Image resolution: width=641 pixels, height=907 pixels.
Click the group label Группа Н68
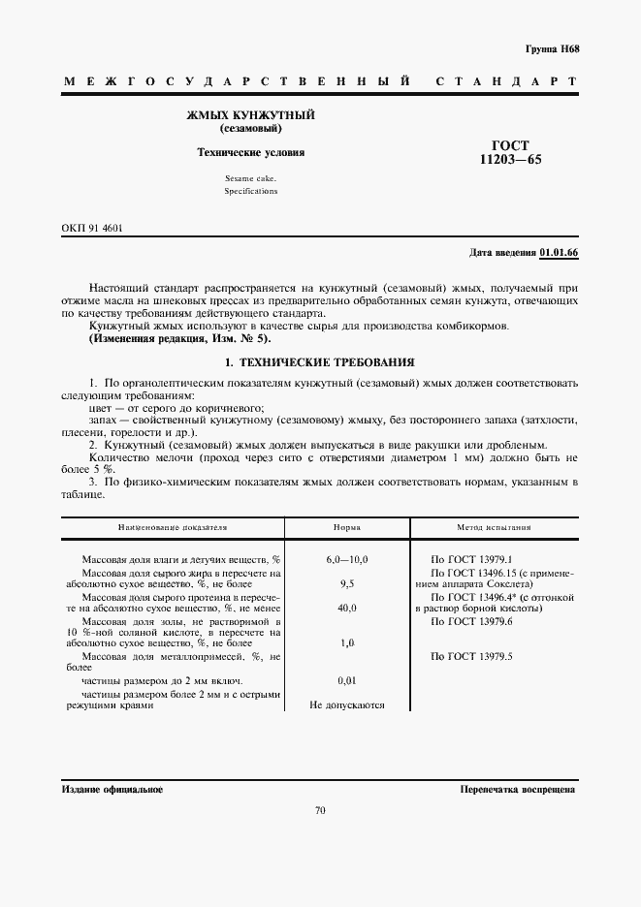pyautogui.click(x=552, y=47)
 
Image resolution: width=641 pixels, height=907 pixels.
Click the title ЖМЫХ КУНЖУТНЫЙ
pyautogui.click(x=250, y=115)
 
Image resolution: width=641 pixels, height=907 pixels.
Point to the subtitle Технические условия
pyautogui.click(x=250, y=152)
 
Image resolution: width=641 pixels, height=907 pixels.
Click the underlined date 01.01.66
pyautogui.click(x=559, y=252)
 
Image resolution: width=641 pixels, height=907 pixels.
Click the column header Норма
pyautogui.click(x=347, y=528)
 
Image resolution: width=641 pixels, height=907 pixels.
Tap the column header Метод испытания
pyautogui.click(x=494, y=528)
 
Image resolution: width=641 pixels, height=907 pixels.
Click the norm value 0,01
pyautogui.click(x=347, y=681)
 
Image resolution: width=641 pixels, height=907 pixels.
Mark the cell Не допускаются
pyautogui.click(x=347, y=705)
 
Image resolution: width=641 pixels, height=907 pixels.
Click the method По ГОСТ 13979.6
pyautogui.click(x=470, y=621)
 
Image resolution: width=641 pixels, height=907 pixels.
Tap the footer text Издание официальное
pyautogui.click(x=112, y=790)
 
